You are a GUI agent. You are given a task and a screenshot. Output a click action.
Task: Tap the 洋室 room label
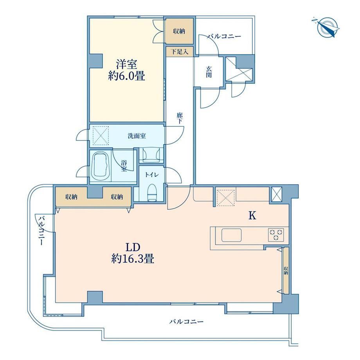pyautogui.click(x=126, y=64)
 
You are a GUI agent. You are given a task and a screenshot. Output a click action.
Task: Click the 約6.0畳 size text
pyautogui.click(x=126, y=76)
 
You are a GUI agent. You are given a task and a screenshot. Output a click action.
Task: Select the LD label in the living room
pyautogui.click(x=133, y=247)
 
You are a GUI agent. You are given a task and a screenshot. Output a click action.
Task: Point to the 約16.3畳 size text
pyautogui.click(x=133, y=259)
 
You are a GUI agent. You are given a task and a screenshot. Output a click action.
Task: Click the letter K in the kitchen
pyautogui.click(x=252, y=216)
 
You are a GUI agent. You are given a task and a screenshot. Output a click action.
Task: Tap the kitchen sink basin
pyautogui.click(x=231, y=235)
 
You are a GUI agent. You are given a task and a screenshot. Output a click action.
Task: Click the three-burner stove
pyautogui.click(x=276, y=235)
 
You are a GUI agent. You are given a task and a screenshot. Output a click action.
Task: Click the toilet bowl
pyautogui.click(x=151, y=193)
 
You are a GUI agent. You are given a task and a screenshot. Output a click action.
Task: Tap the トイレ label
pyautogui.click(x=151, y=175)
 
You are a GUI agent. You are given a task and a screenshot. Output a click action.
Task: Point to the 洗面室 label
pyautogui.click(x=137, y=136)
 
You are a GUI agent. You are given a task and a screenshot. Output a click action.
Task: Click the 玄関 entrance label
pyautogui.click(x=209, y=72)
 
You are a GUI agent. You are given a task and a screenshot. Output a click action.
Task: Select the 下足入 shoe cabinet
pyautogui.click(x=180, y=52)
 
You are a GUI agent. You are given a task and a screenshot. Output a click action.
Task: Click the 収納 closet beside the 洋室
pyautogui.click(x=179, y=31)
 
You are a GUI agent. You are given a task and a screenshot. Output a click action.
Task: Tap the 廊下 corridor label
pyautogui.click(x=179, y=118)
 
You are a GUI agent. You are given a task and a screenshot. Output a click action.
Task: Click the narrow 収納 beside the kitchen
pyautogui.click(x=286, y=270)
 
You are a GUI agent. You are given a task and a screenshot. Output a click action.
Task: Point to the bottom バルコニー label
pyautogui.click(x=186, y=322)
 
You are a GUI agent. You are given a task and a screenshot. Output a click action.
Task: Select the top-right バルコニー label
pyautogui.click(x=224, y=36)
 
